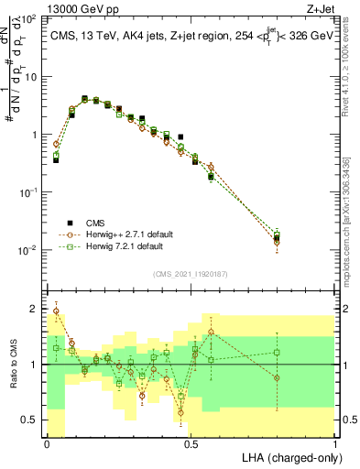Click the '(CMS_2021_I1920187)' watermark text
tap(191, 273)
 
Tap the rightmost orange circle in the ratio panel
tap(277, 377)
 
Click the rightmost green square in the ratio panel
tap(277, 352)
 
